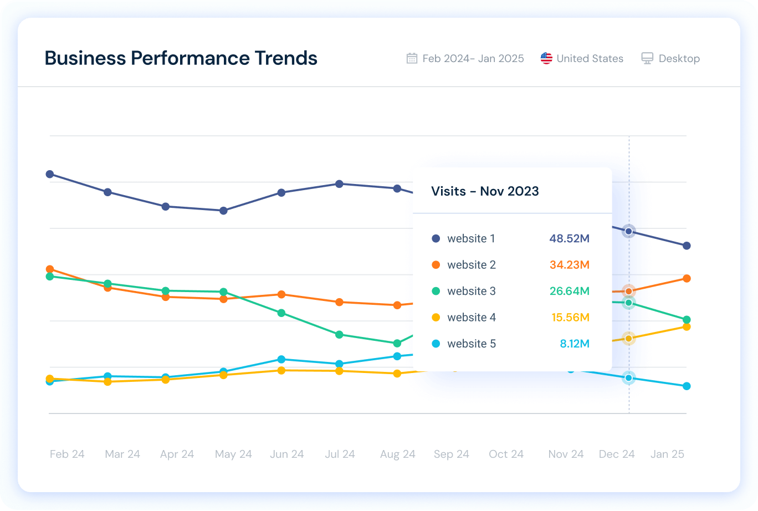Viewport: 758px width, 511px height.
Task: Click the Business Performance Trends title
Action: pos(181,58)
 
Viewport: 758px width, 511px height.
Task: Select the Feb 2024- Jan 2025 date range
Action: pos(473,59)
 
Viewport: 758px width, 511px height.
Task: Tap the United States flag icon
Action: pos(546,59)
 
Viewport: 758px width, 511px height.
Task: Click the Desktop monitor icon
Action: pos(647,59)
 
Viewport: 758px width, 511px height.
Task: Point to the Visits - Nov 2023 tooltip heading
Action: pos(485,191)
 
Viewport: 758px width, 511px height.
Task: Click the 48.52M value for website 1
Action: pos(569,239)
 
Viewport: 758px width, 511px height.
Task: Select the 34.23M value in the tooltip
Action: pos(569,265)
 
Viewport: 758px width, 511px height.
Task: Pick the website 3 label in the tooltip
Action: pos(471,292)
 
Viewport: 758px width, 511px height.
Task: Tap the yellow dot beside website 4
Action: pos(436,318)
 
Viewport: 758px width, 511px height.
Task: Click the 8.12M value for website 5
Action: pos(574,344)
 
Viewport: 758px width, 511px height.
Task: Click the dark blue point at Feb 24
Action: pos(50,174)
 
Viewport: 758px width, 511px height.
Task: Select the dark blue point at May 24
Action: pos(223,211)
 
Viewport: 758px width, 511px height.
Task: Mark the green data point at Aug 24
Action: pos(397,344)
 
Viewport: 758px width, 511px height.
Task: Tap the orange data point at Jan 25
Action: pos(687,278)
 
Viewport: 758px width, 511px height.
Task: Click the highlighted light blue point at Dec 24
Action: pos(628,378)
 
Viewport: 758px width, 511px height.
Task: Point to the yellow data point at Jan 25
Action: pos(687,326)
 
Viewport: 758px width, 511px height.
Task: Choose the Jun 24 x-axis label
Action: pos(286,454)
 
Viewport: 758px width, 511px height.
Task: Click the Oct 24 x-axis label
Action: pos(506,454)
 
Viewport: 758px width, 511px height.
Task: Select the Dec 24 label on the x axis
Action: pos(616,454)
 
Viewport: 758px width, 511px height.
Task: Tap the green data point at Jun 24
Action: pos(281,313)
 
